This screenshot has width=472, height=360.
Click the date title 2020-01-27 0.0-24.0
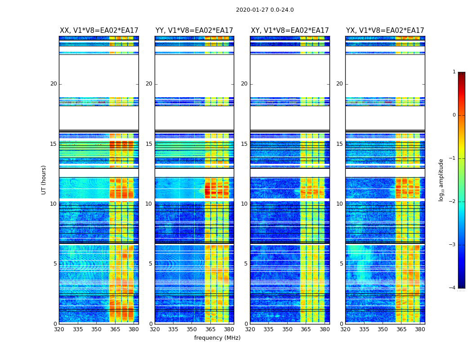pos(265,10)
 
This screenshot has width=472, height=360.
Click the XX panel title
pos(99,31)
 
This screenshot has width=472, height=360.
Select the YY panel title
pos(194,31)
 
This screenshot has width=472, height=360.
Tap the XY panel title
pos(290,31)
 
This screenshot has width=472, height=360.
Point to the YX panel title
pos(385,31)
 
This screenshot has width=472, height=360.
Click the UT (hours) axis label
pos(44,180)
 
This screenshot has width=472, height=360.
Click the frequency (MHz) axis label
pos(217,338)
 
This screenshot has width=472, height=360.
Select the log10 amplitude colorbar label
pos(441,180)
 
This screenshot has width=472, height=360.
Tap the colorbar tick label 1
pos(454,72)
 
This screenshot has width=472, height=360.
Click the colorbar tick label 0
pos(454,115)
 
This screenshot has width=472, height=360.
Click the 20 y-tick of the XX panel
pos(53,84)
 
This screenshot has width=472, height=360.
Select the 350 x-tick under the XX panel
pos(96,329)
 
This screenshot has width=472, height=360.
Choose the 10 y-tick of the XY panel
pos(244,204)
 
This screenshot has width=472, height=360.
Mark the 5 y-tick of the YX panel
pos(342,264)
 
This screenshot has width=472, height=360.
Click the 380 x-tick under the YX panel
pos(420,329)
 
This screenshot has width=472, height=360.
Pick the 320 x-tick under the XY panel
pos(250,329)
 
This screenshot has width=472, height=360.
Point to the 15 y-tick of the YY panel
pos(149,144)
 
